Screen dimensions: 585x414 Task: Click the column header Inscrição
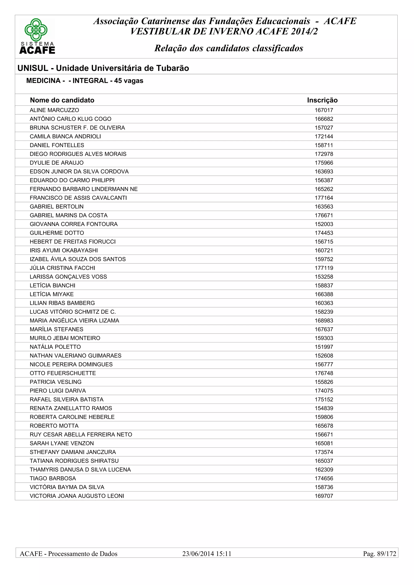[x=322, y=100]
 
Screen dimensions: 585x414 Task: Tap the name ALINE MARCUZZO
[x=54, y=110]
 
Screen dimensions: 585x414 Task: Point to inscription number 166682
[x=324, y=119]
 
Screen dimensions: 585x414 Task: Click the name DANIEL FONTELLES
[x=57, y=145]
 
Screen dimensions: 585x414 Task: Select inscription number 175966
[x=324, y=163]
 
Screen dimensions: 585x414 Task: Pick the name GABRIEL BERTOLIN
[x=57, y=207]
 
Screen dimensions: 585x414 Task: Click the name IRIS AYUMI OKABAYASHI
[x=64, y=250]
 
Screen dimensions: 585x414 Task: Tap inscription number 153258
[x=324, y=277]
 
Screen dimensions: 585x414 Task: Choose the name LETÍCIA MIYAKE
[x=52, y=294]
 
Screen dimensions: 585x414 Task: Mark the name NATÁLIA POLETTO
[x=55, y=347]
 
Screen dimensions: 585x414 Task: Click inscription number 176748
[x=324, y=373]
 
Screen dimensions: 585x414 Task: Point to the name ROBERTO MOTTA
[x=54, y=426]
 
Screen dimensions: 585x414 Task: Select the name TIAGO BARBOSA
[x=53, y=478]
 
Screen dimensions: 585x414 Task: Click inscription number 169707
[x=324, y=496]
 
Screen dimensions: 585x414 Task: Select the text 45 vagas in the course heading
[x=129, y=81]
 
